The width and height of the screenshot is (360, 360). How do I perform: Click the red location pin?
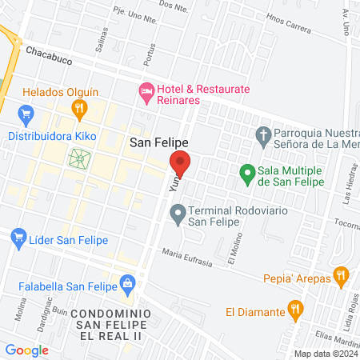tap(182, 162)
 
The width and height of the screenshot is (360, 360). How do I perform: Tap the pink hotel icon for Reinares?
tap(146, 94)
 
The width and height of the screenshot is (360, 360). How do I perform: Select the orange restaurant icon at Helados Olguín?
tap(78, 108)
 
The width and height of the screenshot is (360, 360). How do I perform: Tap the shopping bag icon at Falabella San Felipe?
tap(127, 282)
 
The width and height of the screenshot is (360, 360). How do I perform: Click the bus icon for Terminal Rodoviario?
tap(178, 214)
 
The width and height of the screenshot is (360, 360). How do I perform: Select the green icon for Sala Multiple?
tap(247, 172)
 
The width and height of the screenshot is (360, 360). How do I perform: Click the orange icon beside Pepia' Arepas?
tap(341, 279)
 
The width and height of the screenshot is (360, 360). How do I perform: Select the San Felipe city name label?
tap(159, 141)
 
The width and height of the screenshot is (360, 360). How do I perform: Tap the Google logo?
tap(27, 350)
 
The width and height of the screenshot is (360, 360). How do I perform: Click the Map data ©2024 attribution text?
tap(325, 354)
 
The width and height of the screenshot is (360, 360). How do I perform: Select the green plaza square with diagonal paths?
tap(80, 158)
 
